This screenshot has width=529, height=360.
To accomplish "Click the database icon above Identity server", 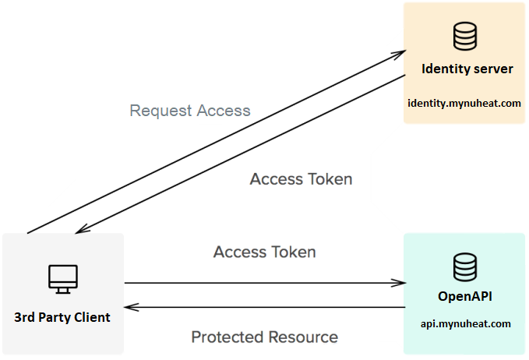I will pos(465,36).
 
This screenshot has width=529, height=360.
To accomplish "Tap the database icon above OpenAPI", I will pos(465,266).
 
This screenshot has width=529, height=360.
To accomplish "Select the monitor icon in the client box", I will pos(62,277).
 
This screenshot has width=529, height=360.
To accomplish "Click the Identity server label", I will pos(467,69).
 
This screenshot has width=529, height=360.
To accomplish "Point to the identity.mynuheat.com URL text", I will pos(464,102).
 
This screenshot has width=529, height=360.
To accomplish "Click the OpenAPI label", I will pos(465,297).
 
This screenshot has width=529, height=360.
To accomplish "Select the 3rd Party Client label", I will pos(62,317).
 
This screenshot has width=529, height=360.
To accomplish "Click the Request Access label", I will pos(190,111).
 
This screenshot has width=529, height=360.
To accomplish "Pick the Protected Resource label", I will pos(265,337).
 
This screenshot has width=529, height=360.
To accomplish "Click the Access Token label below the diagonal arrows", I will pos(301,179).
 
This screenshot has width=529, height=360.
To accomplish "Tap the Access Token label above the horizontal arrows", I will pos(265,252).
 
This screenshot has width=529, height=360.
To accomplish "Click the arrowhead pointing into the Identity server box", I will pos(400,54).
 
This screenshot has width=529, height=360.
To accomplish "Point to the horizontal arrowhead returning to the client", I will pos(130,307).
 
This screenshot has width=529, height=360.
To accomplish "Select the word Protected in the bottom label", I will pos(226,337).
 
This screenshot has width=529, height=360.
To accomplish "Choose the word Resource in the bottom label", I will pos(303,337).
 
